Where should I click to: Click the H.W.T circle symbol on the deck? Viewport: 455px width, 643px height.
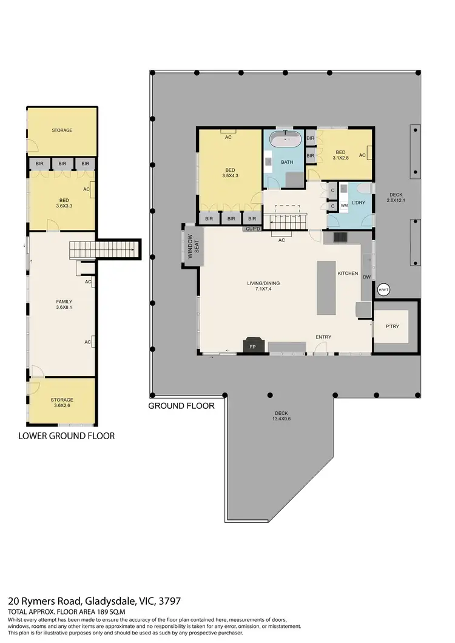point(383,291)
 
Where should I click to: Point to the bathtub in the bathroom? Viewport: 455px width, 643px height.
point(285,141)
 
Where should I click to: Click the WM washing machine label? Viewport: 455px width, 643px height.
point(344,206)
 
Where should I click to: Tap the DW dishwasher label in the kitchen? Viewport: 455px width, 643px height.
point(366,277)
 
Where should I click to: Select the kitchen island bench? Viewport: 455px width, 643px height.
point(326,288)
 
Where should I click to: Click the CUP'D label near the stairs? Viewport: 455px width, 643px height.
point(252,229)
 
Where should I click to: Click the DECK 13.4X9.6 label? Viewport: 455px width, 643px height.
point(280,416)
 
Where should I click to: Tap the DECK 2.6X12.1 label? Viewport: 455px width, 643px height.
point(396,198)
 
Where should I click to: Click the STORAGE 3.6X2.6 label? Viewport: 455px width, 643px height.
point(62,403)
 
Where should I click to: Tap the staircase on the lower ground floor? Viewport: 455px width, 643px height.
point(103,249)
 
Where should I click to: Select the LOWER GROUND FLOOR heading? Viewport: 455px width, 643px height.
point(66,436)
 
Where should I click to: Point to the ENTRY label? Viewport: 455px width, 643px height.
point(323,337)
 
